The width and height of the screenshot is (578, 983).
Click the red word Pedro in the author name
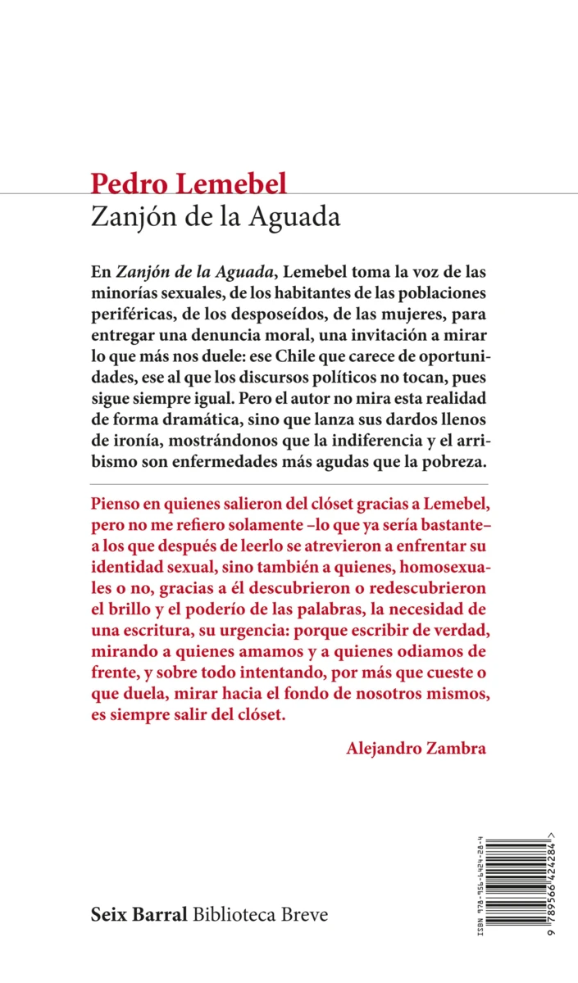(122, 183)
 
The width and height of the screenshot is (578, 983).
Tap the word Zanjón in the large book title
(130, 219)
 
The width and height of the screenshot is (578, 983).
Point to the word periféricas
(133, 316)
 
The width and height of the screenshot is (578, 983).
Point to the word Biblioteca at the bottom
(234, 914)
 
